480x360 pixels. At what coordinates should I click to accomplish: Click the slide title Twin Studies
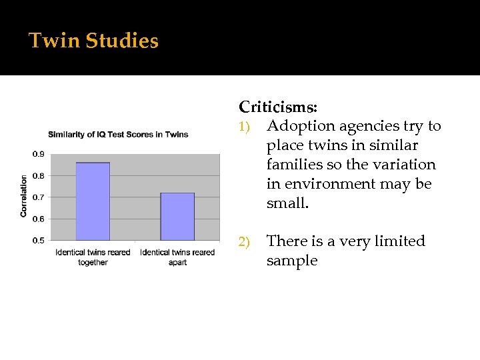(x=93, y=41)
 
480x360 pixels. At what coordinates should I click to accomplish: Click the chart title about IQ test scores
(x=118, y=134)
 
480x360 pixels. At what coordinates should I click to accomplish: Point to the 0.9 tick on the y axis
(x=39, y=155)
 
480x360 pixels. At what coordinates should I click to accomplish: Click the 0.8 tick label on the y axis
(x=39, y=176)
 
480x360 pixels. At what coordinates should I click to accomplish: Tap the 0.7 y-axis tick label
(x=39, y=197)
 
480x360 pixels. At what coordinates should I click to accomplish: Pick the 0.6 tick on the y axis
(x=39, y=219)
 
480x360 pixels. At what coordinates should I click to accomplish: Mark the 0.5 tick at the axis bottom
(x=39, y=240)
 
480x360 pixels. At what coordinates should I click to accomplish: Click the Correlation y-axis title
(x=24, y=196)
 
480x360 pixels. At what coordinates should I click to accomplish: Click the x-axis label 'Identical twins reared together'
(x=93, y=257)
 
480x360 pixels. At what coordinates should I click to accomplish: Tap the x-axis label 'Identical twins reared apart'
(x=177, y=257)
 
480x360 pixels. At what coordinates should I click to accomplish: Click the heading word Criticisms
(x=278, y=107)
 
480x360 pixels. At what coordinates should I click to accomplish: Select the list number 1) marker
(x=246, y=127)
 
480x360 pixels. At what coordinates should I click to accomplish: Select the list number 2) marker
(x=246, y=242)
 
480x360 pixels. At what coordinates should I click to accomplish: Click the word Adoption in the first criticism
(x=301, y=126)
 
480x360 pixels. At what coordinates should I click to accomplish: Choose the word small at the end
(x=287, y=203)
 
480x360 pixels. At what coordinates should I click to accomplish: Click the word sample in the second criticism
(x=291, y=261)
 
